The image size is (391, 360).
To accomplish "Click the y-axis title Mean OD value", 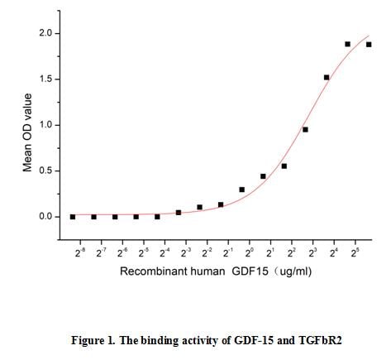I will pos(27,132).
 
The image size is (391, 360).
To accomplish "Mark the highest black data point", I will pos(348,44).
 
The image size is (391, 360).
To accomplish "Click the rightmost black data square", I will pos(369,45).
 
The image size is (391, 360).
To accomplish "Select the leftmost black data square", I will pos(73,217).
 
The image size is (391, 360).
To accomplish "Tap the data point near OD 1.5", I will pos(327,78).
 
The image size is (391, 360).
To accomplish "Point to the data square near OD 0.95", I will pos(305,129).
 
